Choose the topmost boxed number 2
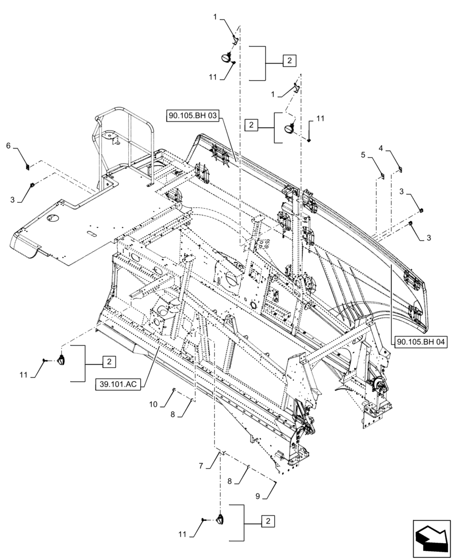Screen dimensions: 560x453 (288, 61)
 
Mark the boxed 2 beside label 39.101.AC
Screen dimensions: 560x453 (109, 361)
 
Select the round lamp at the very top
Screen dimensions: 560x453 (228, 58)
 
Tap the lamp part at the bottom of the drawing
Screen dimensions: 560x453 (219, 520)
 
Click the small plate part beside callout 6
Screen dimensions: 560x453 (27, 166)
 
